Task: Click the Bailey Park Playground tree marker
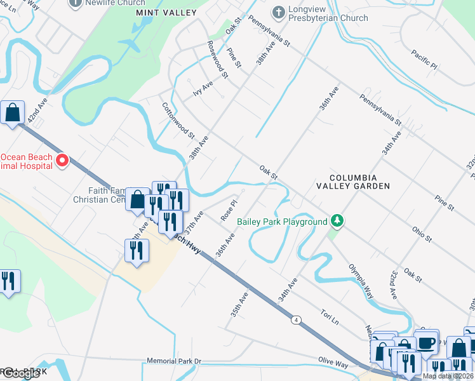coord(338,222)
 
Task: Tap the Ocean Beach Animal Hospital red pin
coord(62,161)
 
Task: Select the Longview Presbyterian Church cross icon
coord(278,11)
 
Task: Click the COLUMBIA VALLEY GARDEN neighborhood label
coord(353,182)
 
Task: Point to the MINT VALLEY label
coord(166,13)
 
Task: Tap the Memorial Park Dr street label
coord(173,361)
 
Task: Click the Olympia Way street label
coord(359,284)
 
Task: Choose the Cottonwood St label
coord(178,121)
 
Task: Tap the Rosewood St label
coord(218,59)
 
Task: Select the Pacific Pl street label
coord(424,60)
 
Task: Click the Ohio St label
coord(421,234)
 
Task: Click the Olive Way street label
coord(333,361)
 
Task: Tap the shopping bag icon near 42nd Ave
coord(13,114)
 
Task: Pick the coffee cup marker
coord(426,342)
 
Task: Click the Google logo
coord(20,373)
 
